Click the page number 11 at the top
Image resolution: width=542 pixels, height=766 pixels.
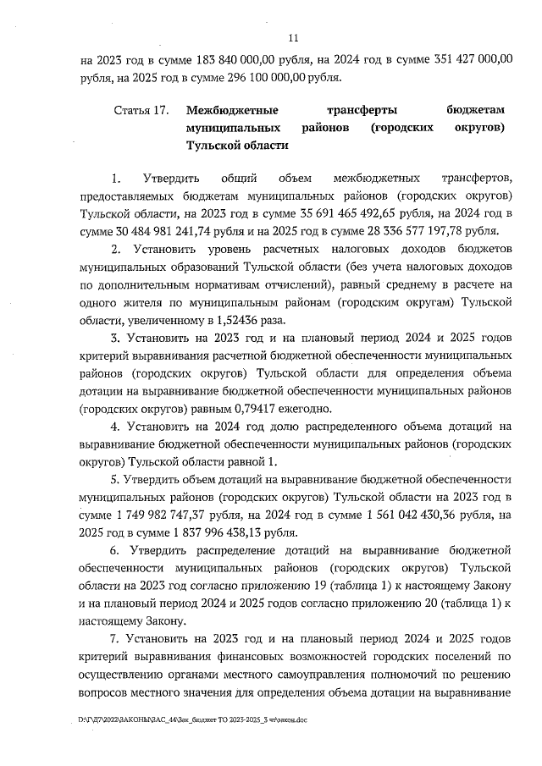point(294,37)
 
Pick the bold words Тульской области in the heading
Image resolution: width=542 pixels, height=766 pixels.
point(238,145)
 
